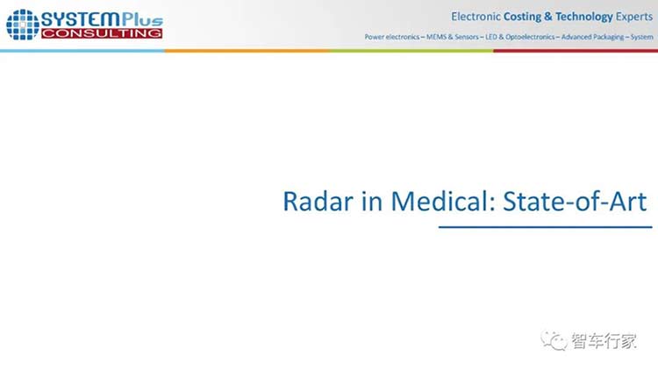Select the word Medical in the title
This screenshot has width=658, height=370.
coord(438,201)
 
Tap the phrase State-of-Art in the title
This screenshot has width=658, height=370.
coord(575,202)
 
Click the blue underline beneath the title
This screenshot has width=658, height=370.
coord(545,227)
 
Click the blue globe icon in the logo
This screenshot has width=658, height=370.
coord(23,25)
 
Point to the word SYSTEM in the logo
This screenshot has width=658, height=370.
coord(81,19)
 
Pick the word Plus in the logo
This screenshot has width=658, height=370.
coord(142,19)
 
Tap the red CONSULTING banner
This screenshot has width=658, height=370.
coord(102,33)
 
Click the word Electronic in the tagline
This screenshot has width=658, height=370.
coord(476,17)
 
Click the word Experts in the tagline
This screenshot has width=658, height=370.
coord(634,17)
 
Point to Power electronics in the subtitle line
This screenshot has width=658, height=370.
coord(392,37)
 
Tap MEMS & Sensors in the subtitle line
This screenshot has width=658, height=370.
coord(453,37)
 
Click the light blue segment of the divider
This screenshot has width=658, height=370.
coord(82,51)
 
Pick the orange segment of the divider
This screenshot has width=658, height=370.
coord(247,51)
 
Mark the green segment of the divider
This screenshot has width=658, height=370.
coord(411,51)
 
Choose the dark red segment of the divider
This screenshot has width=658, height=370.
coord(576,51)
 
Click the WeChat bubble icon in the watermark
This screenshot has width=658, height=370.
coord(554,340)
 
